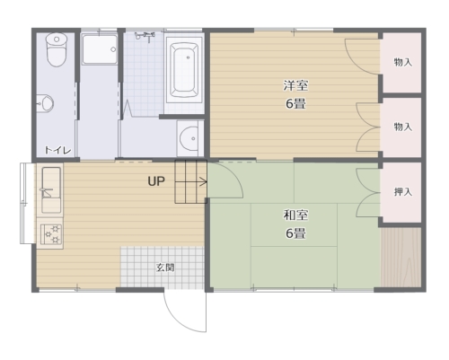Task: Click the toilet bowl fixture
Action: [x=57, y=49]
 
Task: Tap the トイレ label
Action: [x=57, y=150]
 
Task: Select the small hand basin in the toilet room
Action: [x=45, y=103]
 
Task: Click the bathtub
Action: [x=184, y=70]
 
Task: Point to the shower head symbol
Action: [x=145, y=36]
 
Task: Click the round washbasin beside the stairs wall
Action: [x=189, y=138]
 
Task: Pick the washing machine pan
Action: [x=100, y=49]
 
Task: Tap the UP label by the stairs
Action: [x=156, y=181]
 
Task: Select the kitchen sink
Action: [x=51, y=190]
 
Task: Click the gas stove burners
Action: [x=51, y=234]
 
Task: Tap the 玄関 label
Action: [x=165, y=268]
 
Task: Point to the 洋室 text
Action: [x=295, y=85]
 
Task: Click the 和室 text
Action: [x=295, y=215]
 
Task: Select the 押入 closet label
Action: [x=403, y=192]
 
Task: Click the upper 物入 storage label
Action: [x=403, y=62]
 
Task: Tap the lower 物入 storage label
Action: [x=403, y=127]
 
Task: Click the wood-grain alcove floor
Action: [x=401, y=258]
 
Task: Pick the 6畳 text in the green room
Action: [x=295, y=233]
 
